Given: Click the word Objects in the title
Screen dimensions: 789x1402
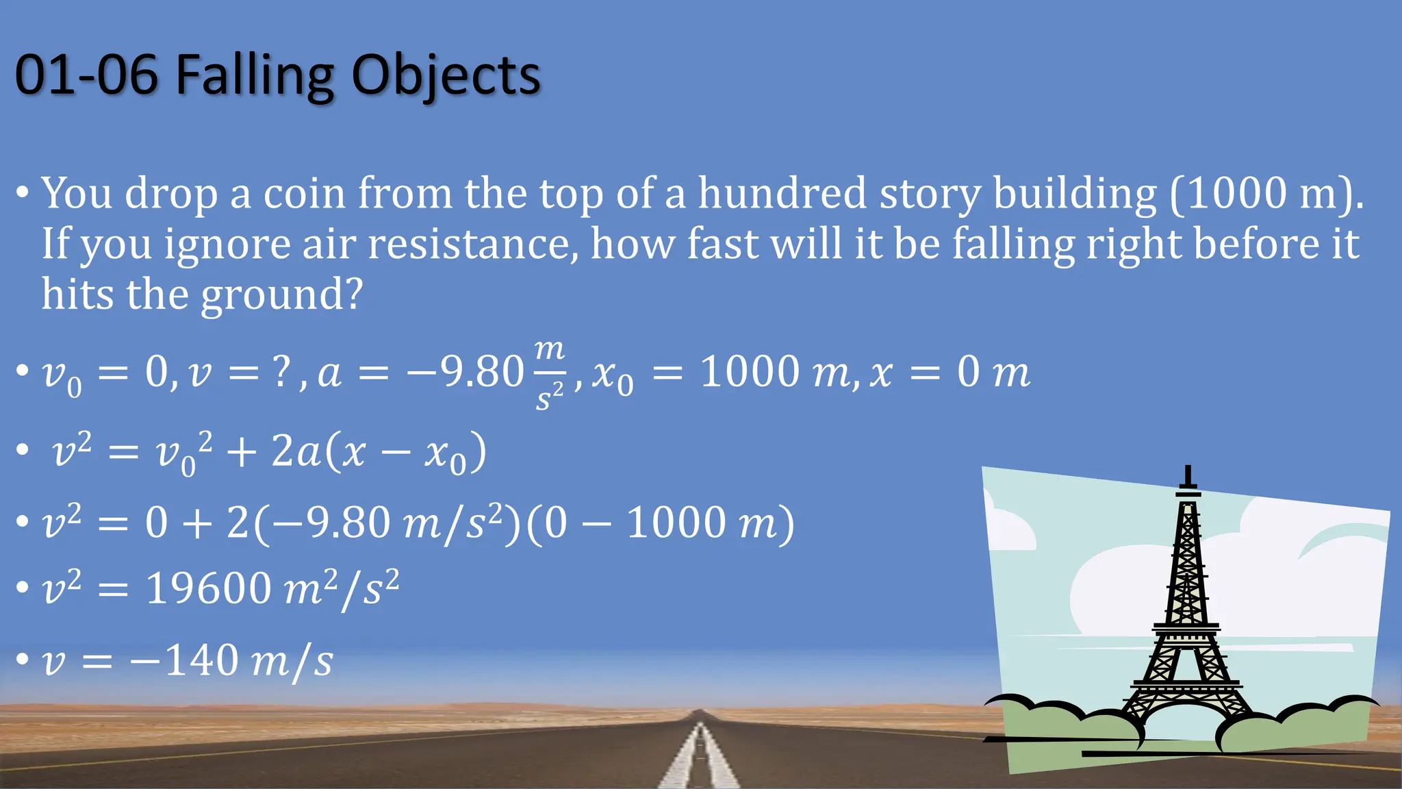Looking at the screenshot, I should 446,75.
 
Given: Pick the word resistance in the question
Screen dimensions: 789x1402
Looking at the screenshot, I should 473,245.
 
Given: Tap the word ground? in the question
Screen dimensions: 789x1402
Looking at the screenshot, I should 281,295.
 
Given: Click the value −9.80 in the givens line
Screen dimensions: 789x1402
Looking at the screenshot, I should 466,373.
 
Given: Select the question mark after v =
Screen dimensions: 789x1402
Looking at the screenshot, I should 281,373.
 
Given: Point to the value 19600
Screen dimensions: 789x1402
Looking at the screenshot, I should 209,588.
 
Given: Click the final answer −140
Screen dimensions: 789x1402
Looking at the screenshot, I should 184,661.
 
